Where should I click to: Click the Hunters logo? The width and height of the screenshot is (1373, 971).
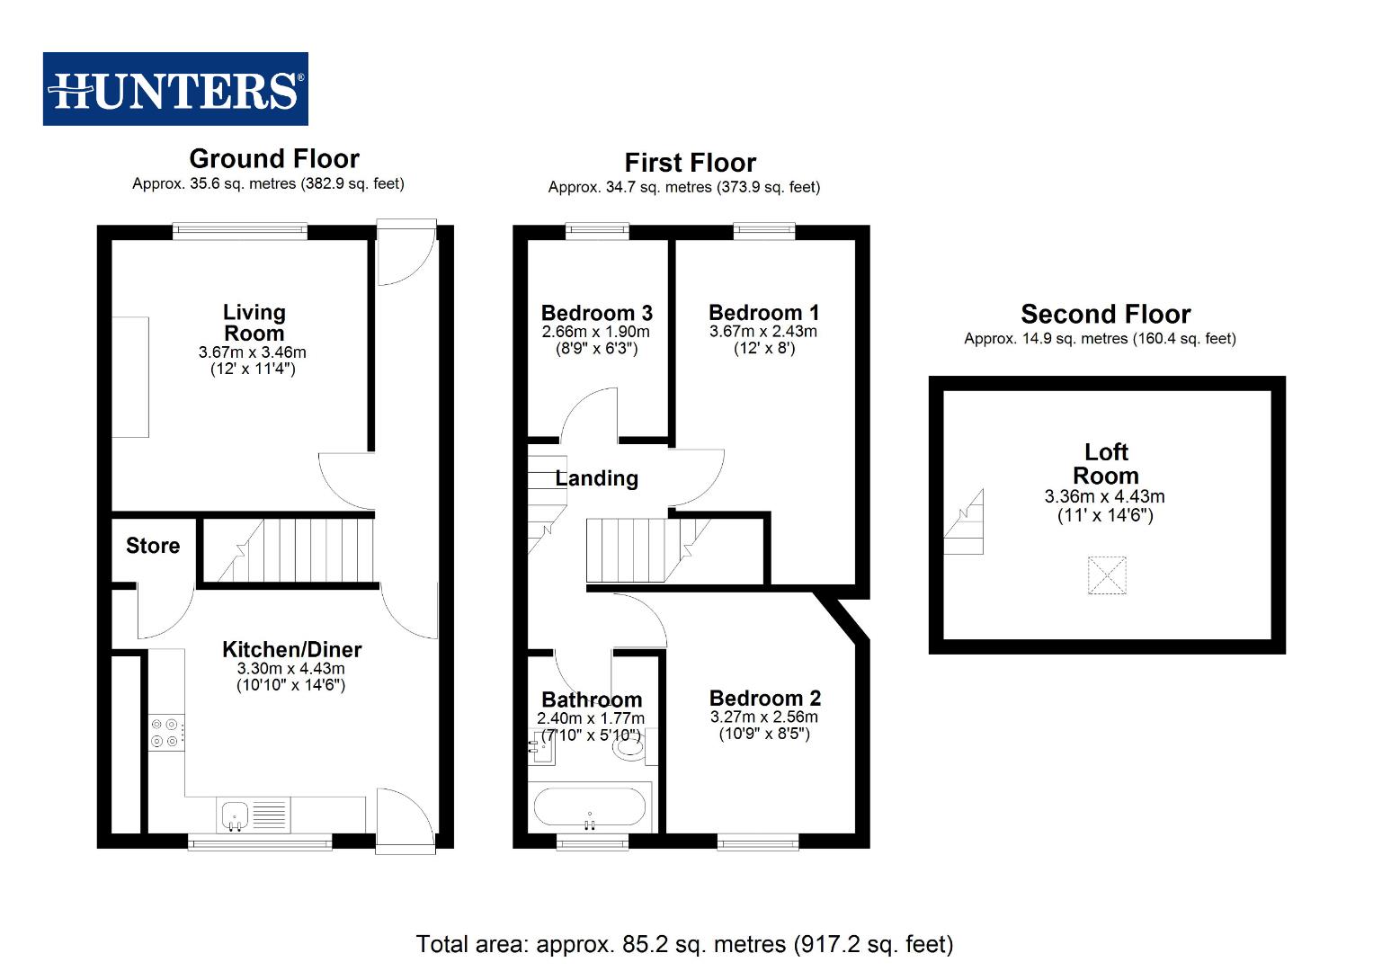click(x=175, y=89)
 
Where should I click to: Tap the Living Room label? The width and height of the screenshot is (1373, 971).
click(x=254, y=323)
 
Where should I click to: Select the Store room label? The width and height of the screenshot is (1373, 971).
click(x=153, y=546)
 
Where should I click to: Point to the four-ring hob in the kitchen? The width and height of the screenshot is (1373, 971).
click(x=166, y=732)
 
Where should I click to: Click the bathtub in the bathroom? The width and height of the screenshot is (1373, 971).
click(x=590, y=807)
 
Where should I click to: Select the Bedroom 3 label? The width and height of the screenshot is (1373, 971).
click(x=596, y=313)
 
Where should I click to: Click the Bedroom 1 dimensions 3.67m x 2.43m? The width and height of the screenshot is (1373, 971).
click(x=763, y=332)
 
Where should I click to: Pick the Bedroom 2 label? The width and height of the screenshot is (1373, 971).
click(x=764, y=699)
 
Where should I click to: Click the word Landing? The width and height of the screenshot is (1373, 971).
click(x=596, y=478)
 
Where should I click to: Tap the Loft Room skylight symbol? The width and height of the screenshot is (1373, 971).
click(x=1106, y=575)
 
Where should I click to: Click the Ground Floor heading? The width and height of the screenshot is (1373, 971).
click(x=274, y=159)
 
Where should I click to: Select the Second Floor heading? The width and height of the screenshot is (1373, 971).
click(x=1105, y=315)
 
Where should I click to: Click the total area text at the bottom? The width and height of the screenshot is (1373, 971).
click(x=684, y=945)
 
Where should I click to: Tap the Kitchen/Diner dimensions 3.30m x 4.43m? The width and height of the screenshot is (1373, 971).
click(x=290, y=669)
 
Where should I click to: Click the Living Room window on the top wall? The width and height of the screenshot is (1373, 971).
click(x=240, y=232)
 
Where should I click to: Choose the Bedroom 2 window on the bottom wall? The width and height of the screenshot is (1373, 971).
click(x=758, y=842)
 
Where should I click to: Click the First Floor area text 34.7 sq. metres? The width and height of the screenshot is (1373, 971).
click(x=683, y=188)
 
